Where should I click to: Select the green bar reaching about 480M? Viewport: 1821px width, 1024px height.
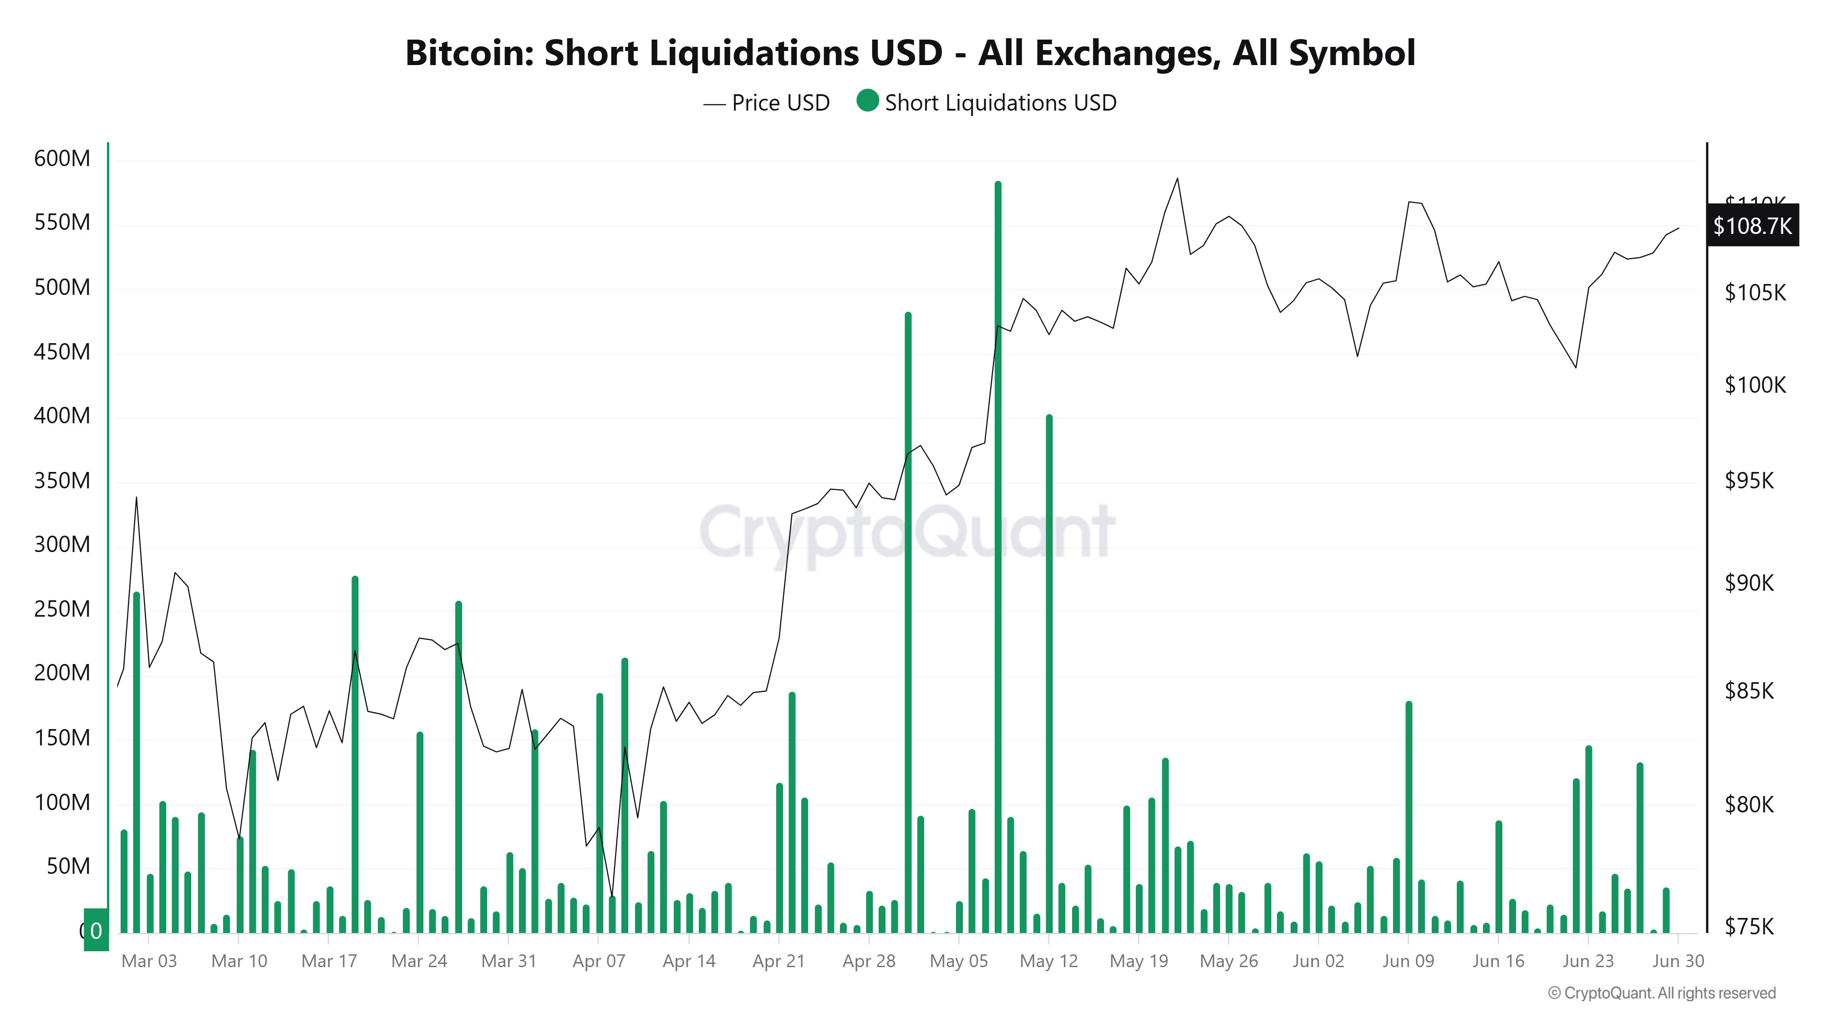pyautogui.click(x=908, y=622)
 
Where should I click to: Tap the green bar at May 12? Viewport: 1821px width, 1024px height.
pyautogui.click(x=1049, y=671)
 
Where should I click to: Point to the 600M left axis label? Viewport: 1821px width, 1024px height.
pyautogui.click(x=62, y=158)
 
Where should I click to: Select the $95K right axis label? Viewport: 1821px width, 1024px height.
pyautogui.click(x=1749, y=481)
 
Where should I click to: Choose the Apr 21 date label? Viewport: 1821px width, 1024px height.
pyautogui.click(x=778, y=961)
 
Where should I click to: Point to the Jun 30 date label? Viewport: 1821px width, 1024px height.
pyautogui.click(x=1678, y=961)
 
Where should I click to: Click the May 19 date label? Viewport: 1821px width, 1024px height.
pyautogui.click(x=1138, y=961)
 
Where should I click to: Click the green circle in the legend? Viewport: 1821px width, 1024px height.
pyautogui.click(x=867, y=101)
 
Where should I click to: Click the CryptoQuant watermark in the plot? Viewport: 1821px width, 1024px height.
pyautogui.click(x=907, y=532)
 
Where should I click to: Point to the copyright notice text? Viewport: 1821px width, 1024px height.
pyautogui.click(x=1661, y=993)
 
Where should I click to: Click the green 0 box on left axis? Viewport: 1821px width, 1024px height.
pyautogui.click(x=96, y=930)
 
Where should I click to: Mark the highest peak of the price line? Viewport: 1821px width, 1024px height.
pyautogui.click(x=1177, y=179)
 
